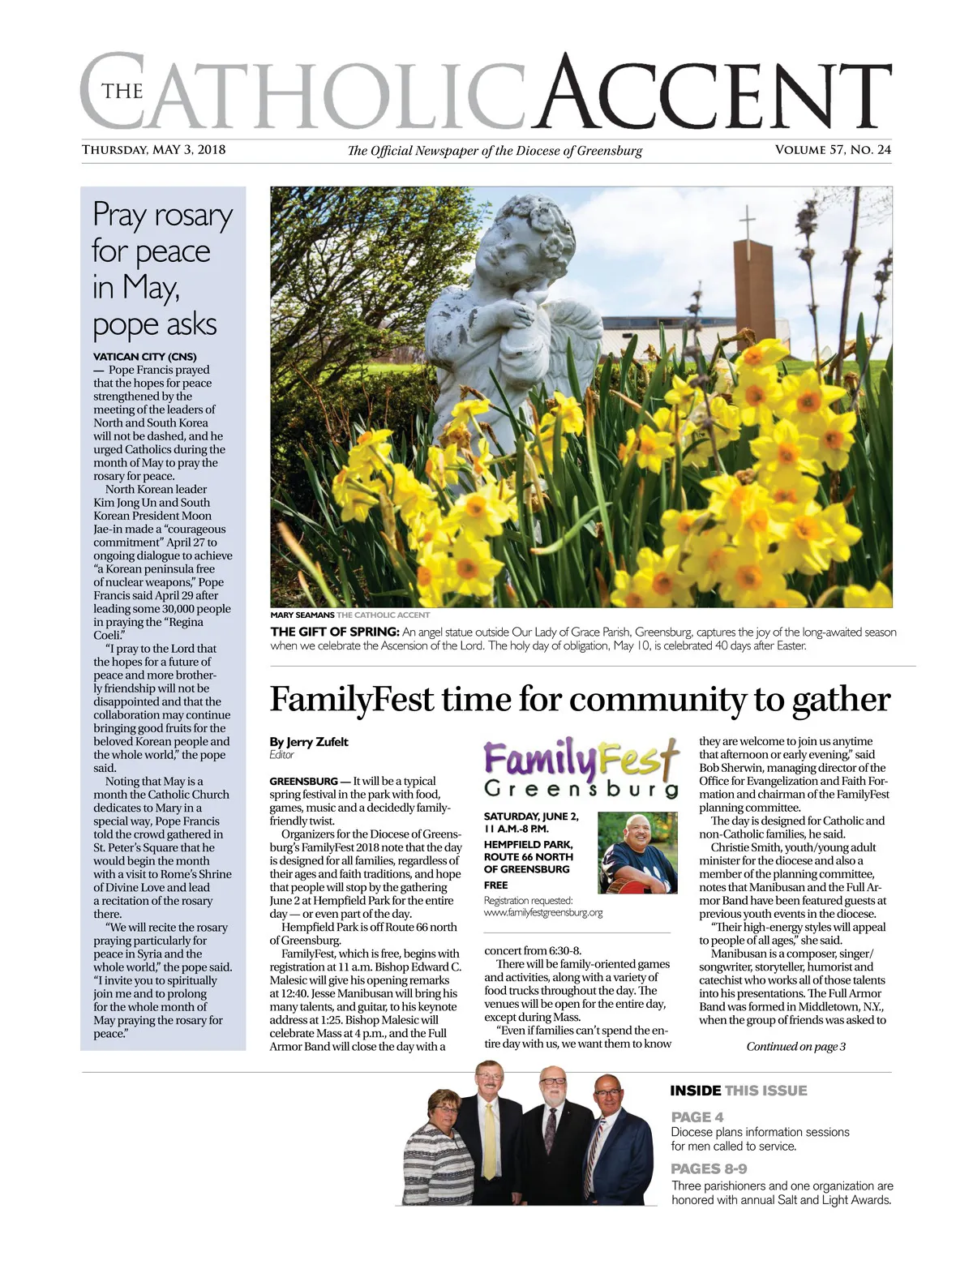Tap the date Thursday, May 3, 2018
tap(153, 149)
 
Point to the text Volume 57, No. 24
tap(833, 149)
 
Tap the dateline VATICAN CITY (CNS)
tap(145, 357)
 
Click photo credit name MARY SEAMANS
tap(302, 615)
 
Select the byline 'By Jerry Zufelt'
tap(309, 741)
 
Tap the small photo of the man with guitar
tap(637, 853)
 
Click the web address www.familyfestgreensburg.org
tap(542, 912)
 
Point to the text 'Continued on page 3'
tap(795, 1046)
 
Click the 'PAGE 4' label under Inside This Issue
tap(697, 1117)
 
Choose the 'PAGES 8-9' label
tap(709, 1168)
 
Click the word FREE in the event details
tap(495, 885)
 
